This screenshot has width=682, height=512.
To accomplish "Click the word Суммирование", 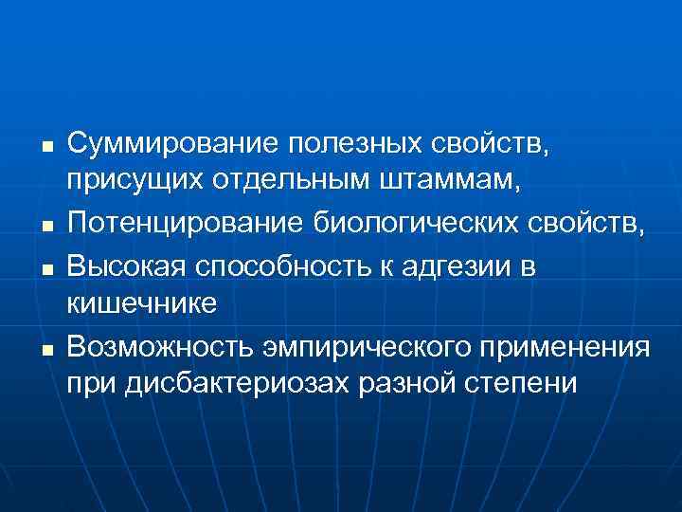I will click(x=172, y=145).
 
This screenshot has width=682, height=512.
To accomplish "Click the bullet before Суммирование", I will click(x=45, y=148).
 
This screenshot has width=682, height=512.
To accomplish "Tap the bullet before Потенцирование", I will click(x=45, y=227).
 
